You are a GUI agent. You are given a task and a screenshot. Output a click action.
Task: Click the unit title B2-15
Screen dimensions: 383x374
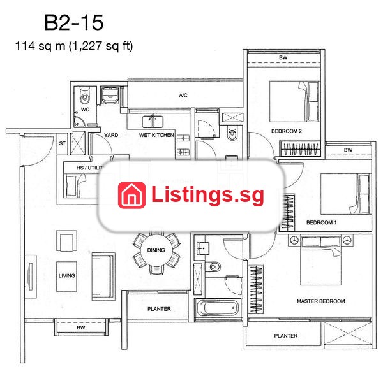point(74,22)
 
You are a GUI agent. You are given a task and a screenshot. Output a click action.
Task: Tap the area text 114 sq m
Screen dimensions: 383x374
point(40,46)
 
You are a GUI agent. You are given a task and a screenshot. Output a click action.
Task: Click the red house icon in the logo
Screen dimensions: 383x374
point(131,196)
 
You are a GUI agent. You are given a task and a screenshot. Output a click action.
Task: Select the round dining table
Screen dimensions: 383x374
point(156,250)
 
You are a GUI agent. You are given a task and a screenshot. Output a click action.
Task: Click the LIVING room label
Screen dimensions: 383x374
point(66,275)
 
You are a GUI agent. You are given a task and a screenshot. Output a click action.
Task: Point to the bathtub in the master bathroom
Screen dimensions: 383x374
point(218,308)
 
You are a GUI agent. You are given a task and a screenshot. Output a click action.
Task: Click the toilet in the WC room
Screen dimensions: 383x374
point(84,96)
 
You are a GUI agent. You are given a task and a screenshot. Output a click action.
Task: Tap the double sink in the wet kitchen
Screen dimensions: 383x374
point(153,122)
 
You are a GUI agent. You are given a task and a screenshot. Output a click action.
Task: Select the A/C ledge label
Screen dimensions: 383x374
point(183,95)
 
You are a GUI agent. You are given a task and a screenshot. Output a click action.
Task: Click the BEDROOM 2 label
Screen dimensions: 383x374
point(287,131)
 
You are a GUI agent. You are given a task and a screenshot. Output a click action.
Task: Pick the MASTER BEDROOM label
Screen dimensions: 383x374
point(321,301)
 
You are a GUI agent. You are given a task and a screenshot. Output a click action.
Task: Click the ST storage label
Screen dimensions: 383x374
point(63,143)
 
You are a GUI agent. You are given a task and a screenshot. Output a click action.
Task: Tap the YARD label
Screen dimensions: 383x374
point(111,135)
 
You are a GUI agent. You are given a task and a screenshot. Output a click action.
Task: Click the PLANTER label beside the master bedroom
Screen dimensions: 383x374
point(286,336)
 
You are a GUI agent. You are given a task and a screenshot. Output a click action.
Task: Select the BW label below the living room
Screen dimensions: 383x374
point(81,327)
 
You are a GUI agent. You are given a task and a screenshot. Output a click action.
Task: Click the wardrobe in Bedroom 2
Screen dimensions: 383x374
point(300,148)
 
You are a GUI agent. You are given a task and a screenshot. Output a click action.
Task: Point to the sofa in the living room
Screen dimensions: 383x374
point(103,277)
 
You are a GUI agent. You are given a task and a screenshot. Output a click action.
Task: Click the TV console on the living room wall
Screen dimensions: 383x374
point(31,277)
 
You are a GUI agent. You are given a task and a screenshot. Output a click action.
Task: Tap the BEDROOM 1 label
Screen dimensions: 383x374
point(322,222)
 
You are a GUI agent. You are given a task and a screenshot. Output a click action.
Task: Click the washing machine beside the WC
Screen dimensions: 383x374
point(110,95)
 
